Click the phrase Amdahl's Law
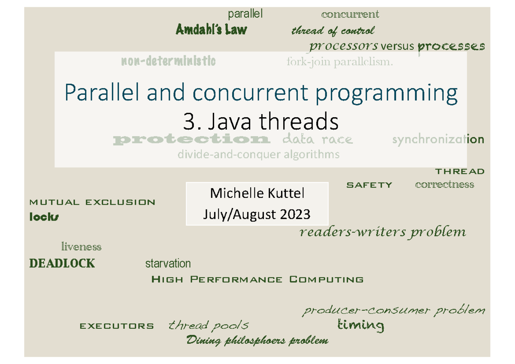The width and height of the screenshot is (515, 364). coord(211,30)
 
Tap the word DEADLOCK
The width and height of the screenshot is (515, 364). coord(62,263)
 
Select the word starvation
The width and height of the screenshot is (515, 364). coord(168,263)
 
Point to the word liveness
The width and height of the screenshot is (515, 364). coord(81,247)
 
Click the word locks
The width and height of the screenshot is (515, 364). coord(44,217)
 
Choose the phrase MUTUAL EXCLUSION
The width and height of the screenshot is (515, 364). coord(92,202)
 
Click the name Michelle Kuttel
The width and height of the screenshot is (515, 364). coord(257,194)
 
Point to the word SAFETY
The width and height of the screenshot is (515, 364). coord(369,185)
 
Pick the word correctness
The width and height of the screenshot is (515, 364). coord(445,185)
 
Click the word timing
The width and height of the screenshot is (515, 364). coord(361,325)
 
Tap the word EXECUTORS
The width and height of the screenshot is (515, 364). coord(117,326)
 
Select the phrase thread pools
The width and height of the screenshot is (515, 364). coord(209,325)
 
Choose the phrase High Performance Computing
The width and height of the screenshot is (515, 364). coord(257,280)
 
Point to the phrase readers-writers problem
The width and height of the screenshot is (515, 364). coord(382,232)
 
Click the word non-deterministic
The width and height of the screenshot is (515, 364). coord(168,62)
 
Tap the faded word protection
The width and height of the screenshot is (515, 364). coord(191,140)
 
